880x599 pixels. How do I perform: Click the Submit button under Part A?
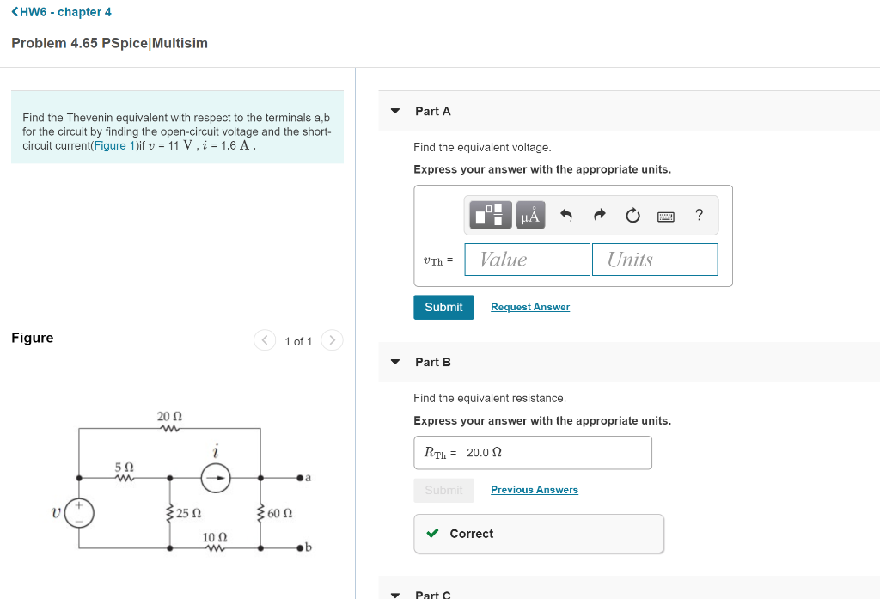(x=443, y=307)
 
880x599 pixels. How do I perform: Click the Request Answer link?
(x=529, y=307)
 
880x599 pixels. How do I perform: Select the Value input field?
(x=527, y=260)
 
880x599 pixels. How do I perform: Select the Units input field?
(x=654, y=260)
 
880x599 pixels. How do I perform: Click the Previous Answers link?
(x=534, y=490)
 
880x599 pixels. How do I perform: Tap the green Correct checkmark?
(x=433, y=534)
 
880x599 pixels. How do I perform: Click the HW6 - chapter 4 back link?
(x=61, y=12)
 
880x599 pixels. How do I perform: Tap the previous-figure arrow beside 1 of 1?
(x=264, y=340)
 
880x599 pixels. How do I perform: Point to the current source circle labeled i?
(x=217, y=477)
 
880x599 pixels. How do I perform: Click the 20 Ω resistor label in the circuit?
(x=169, y=417)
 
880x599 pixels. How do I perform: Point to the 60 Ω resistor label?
(x=280, y=514)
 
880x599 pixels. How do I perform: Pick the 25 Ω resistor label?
(x=189, y=514)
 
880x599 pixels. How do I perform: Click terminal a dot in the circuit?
(x=300, y=477)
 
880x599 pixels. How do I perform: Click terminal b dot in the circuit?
(x=300, y=547)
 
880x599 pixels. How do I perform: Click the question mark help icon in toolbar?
(x=699, y=215)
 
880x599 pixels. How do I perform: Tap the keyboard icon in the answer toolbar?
(x=666, y=216)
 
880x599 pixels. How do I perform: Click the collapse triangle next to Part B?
(x=395, y=362)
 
